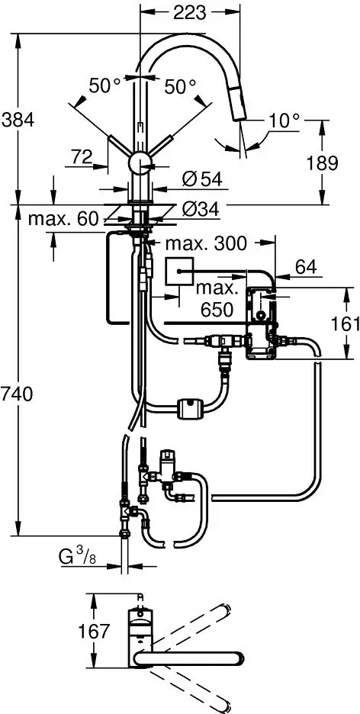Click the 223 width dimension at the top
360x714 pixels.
tap(190, 13)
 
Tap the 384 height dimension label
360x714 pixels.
tap(18, 121)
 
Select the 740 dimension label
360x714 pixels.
tap(17, 394)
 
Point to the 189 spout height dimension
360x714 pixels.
tap(322, 163)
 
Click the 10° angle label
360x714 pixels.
tap(283, 121)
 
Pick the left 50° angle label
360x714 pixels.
tap(105, 85)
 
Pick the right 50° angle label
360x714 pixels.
tap(180, 85)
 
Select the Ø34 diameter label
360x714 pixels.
tap(201, 209)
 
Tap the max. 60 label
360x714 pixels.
tap(63, 219)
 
